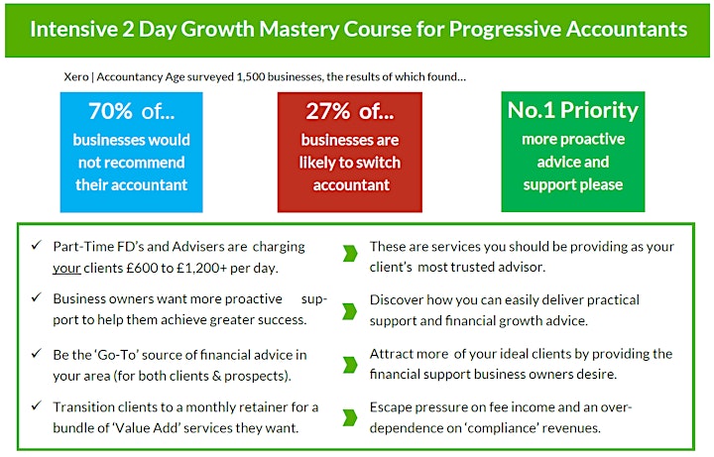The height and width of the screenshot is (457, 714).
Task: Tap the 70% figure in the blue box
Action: coord(110,111)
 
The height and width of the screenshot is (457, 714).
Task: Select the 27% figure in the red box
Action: coord(328,111)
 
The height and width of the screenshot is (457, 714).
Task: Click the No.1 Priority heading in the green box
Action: coord(573,110)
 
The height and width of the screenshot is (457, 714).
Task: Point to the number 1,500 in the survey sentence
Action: coord(251,77)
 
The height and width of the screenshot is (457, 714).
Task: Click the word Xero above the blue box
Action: coord(76,77)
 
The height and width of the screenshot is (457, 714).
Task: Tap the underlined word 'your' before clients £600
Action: coord(66,268)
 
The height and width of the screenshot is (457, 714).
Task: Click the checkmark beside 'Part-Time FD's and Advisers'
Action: coord(37,245)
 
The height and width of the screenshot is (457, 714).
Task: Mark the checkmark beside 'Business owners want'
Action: coord(37,297)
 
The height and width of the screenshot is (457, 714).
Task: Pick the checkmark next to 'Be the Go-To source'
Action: coord(37,353)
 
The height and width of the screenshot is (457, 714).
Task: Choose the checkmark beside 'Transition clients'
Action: coord(37,405)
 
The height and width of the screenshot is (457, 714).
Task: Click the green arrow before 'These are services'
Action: coord(350,254)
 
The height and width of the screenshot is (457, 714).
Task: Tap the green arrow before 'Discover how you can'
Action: coord(350,311)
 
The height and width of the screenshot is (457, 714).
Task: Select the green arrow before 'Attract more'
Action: coord(350,365)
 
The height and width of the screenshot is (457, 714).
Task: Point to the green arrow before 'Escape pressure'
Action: coord(350,417)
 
